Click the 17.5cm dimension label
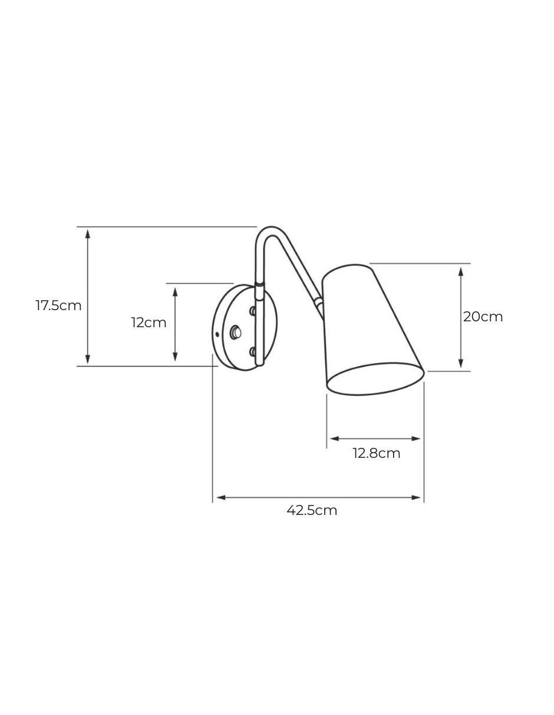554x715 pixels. pyautogui.click(x=58, y=305)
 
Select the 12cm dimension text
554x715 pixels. pyautogui.click(x=149, y=323)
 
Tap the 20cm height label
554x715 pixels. pyautogui.click(x=483, y=317)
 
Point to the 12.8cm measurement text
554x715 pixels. pyautogui.click(x=377, y=453)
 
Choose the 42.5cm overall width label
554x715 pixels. pyautogui.click(x=312, y=510)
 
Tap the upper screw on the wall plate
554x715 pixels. pyautogui.click(x=253, y=311)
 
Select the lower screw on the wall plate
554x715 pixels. pyautogui.click(x=253, y=352)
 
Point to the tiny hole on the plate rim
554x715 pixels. pyautogui.click(x=217, y=334)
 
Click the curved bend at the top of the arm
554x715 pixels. pyautogui.click(x=268, y=232)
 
